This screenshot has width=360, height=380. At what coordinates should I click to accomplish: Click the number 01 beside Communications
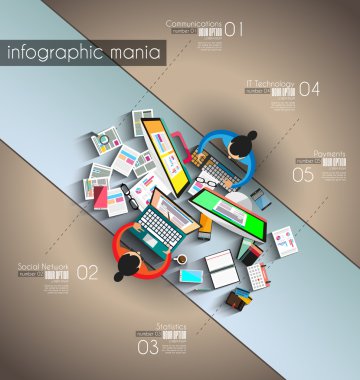click(233, 30)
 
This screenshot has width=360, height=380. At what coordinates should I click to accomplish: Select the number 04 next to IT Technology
click(310, 89)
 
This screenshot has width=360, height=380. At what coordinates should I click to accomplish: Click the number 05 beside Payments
click(303, 174)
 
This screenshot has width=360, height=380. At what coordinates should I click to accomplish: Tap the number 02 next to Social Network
click(88, 272)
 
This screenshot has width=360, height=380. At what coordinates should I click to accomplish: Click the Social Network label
click(43, 267)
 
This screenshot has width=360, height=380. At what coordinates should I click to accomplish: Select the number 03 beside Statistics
click(148, 348)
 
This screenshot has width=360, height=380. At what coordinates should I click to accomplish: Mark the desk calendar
click(255, 274)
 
